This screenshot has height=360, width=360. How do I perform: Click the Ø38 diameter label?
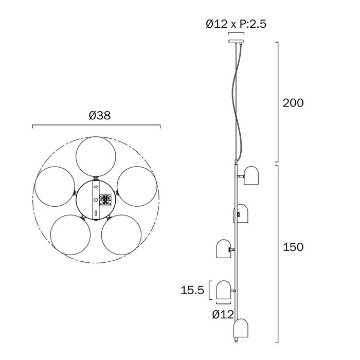point(100,115)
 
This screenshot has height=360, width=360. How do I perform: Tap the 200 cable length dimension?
point(293,103)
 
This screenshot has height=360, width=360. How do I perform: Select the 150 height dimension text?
point(293,247)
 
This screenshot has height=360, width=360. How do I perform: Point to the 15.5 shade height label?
point(192,290)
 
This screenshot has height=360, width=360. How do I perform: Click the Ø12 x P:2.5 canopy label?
point(236,24)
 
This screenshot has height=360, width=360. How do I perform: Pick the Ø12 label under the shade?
point(223,314)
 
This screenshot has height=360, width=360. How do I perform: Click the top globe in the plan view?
point(96,156)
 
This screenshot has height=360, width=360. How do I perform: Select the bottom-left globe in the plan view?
point(70,235)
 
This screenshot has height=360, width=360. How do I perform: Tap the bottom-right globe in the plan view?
point(121,235)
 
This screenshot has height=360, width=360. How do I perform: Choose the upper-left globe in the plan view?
point(55,186)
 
